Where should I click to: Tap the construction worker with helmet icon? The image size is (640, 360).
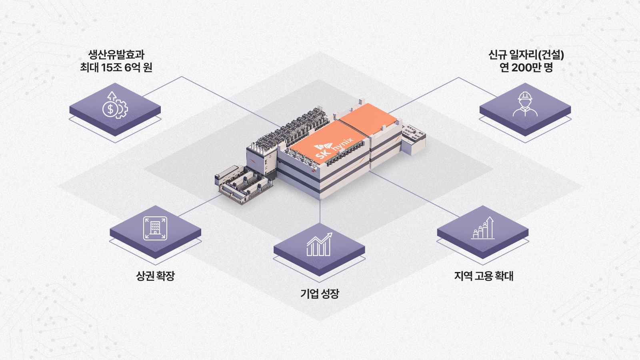pos(525,104)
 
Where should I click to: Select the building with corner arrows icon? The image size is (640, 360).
pos(155,228)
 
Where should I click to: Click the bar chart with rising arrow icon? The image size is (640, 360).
pos(319,244)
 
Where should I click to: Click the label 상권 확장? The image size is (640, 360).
pos(155,276)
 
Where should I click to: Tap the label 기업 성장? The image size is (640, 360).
pos(320,294)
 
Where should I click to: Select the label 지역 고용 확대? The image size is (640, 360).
pos(484,276)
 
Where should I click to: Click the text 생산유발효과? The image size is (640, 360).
pos(116,54)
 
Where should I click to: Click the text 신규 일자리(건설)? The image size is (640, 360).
pos(526,54)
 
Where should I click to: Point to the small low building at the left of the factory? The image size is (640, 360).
pos(242,184)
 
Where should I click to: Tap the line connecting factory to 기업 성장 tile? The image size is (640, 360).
pos(320,212)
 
